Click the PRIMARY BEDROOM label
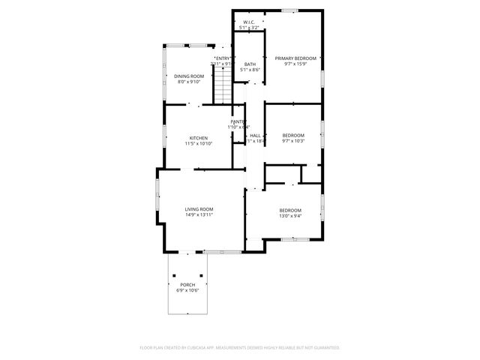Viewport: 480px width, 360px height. (x=295, y=58)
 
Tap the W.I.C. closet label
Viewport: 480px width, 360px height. (x=248, y=22)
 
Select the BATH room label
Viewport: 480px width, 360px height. (x=250, y=64)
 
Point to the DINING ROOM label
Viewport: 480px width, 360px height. (x=189, y=76)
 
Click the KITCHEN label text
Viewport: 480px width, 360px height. (x=199, y=138)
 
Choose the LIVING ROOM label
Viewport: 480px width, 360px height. (x=199, y=209)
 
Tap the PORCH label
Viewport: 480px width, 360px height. (x=187, y=285)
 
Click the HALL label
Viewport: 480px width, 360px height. (x=255, y=136)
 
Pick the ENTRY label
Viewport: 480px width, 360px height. (x=223, y=58)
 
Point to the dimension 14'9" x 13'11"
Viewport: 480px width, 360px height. (x=199, y=215)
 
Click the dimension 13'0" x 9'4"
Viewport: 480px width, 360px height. (x=290, y=216)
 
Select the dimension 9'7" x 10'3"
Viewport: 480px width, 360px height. (x=293, y=141)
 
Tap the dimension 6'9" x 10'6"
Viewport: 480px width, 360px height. (x=187, y=290)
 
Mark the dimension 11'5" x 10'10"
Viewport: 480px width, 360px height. (x=199, y=143)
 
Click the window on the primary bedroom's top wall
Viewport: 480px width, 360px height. (x=289, y=10)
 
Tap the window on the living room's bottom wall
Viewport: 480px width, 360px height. (x=218, y=250)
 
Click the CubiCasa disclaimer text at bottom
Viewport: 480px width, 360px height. (x=240, y=348)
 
